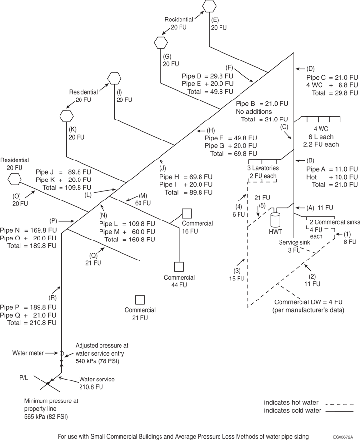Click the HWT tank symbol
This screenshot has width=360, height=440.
coord(275,218)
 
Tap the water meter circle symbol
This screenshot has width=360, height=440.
coord(62,353)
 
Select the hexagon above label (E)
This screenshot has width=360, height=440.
coord(209,6)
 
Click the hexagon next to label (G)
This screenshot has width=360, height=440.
coord(160,42)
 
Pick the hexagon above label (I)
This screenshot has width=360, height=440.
coord(114,78)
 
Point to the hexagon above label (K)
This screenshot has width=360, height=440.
coord(66,116)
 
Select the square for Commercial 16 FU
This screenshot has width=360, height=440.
coord(186,213)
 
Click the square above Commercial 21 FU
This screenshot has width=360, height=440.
coord(140,299)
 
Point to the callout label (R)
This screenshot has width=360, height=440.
coord(53,297)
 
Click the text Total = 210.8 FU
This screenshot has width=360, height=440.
coord(28,323)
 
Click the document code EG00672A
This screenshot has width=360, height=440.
coord(343,436)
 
